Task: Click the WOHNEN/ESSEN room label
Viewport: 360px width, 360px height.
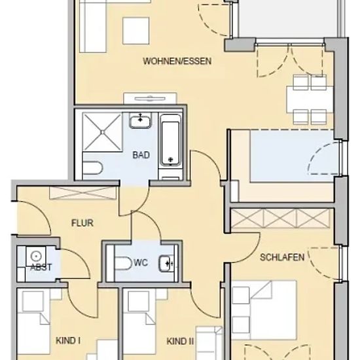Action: (177, 61)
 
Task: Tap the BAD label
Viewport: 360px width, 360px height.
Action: (141, 155)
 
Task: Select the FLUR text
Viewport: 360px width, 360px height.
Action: (82, 223)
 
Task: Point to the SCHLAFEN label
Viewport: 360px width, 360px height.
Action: (282, 257)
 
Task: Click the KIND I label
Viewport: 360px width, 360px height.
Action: (68, 341)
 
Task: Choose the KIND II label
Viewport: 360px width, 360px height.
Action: (180, 341)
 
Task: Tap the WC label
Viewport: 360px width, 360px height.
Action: (141, 262)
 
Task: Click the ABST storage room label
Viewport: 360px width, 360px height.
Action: (41, 267)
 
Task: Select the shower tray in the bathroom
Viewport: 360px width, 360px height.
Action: (102, 132)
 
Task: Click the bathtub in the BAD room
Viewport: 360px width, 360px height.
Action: (170, 140)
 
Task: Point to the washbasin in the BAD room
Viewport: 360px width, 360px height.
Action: (140, 120)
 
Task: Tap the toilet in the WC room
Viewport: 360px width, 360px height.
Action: (123, 263)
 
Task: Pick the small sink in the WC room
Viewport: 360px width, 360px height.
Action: (166, 263)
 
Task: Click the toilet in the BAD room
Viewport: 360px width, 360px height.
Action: (92, 168)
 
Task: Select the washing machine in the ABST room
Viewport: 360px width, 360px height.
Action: (36, 257)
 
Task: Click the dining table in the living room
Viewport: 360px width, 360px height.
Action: (310, 99)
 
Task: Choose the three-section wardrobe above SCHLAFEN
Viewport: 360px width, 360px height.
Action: (280, 219)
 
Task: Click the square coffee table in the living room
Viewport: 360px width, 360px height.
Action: (136, 31)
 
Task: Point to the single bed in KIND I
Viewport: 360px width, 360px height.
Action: (33, 324)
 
